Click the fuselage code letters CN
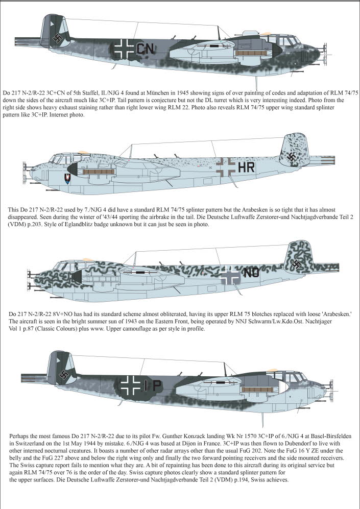coord(146,49)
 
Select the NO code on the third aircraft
coord(251,273)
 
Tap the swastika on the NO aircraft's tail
coord(297,264)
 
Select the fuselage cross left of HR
coord(226,166)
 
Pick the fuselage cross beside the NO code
coord(230,274)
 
